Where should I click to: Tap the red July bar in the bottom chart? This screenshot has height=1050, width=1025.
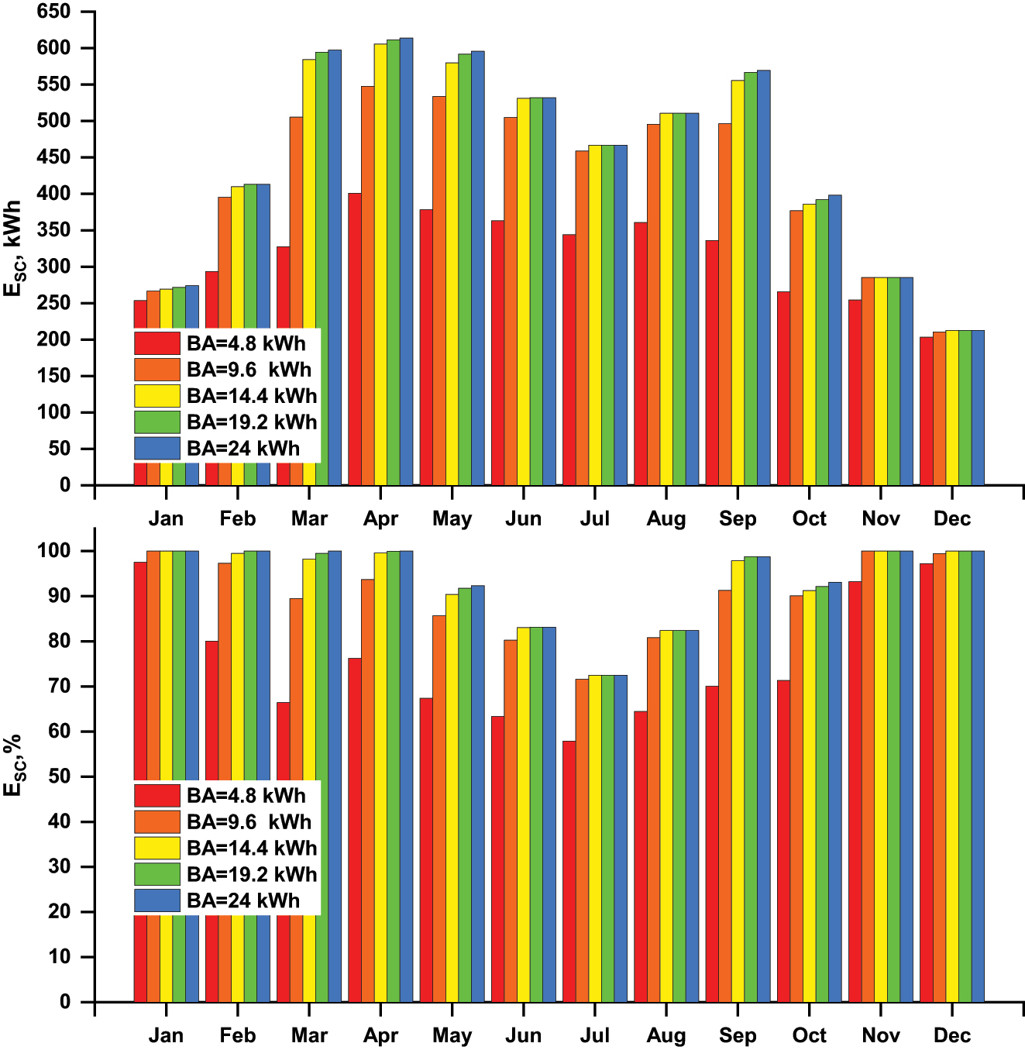tap(569, 871)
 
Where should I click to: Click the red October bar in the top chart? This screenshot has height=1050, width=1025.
tap(783, 388)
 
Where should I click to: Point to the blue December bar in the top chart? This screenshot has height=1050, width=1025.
tap(978, 408)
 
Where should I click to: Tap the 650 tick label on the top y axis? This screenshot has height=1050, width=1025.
tap(53, 12)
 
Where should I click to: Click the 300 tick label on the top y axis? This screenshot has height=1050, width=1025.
tap(53, 267)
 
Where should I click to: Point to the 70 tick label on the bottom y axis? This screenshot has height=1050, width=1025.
tap(59, 687)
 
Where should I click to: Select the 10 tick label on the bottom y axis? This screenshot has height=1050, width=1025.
tap(59, 957)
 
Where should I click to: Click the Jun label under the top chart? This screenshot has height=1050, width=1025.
tap(523, 518)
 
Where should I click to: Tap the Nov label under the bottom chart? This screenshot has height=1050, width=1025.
tap(881, 1035)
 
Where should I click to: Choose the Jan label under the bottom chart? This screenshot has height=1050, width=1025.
tap(166, 1035)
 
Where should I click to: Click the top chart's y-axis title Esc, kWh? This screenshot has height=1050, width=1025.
tap(14, 248)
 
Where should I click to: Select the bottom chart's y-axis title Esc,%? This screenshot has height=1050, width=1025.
tap(14, 765)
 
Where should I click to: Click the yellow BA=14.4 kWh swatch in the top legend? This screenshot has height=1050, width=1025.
tap(157, 396)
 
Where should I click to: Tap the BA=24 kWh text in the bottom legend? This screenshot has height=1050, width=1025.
tap(242, 900)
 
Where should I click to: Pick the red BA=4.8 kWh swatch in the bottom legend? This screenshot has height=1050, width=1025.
tap(157, 796)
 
